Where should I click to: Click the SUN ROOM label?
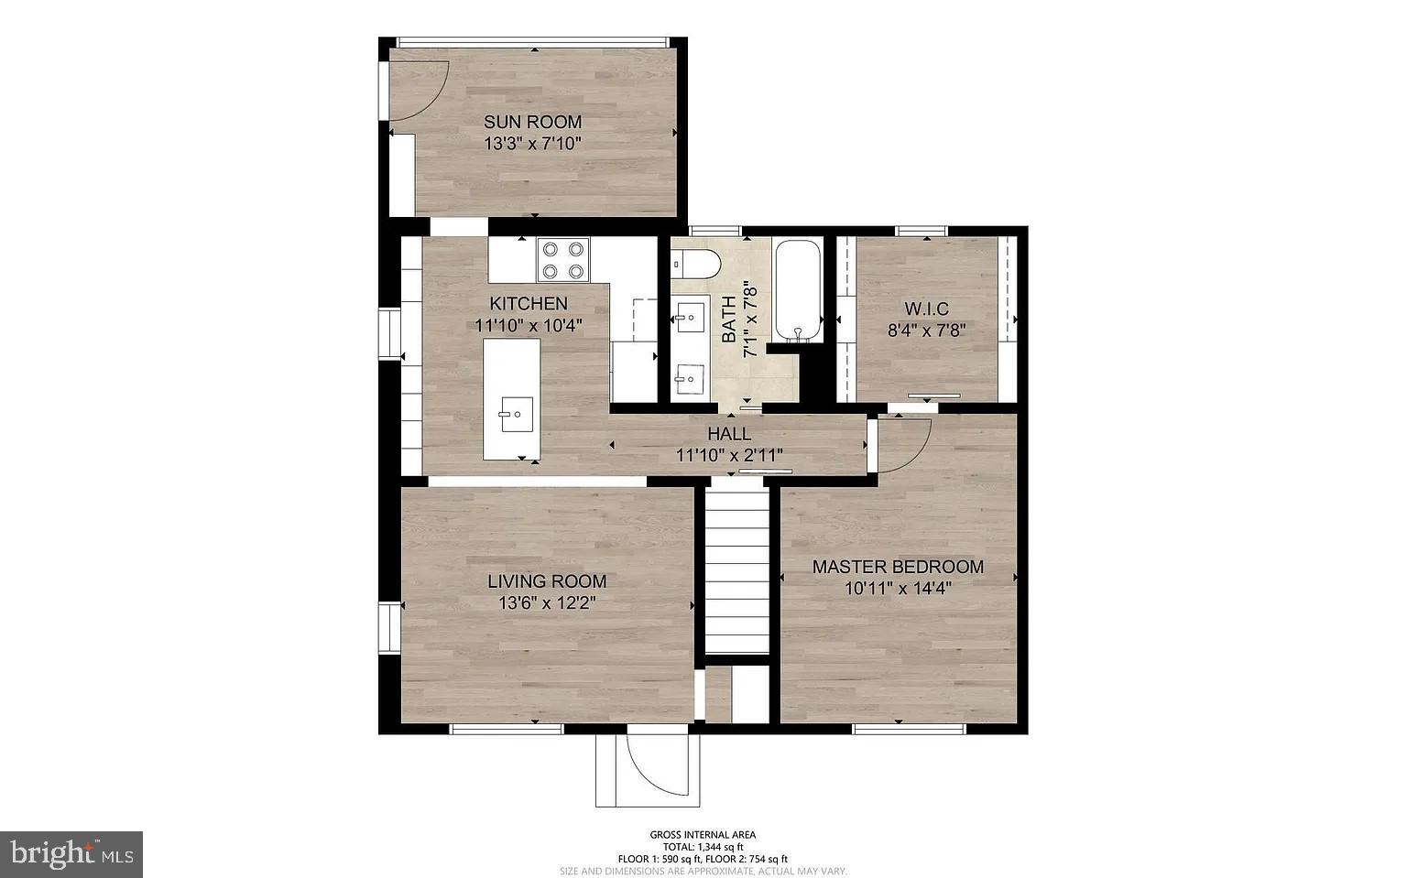[x=532, y=122]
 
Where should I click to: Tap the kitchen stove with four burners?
[x=562, y=259]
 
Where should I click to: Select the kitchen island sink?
[x=517, y=415]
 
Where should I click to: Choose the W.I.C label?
[x=926, y=309]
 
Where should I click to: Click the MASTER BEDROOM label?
[x=898, y=567]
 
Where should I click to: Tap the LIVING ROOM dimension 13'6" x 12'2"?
[x=547, y=603]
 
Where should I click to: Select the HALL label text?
[x=729, y=434]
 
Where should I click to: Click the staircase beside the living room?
[x=736, y=569]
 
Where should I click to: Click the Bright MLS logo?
[x=71, y=854]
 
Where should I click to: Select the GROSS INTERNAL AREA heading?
[x=703, y=834]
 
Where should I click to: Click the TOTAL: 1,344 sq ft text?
[x=703, y=847]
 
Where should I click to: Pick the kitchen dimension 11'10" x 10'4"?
[x=529, y=325]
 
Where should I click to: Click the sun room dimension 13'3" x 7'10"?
[x=532, y=144]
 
